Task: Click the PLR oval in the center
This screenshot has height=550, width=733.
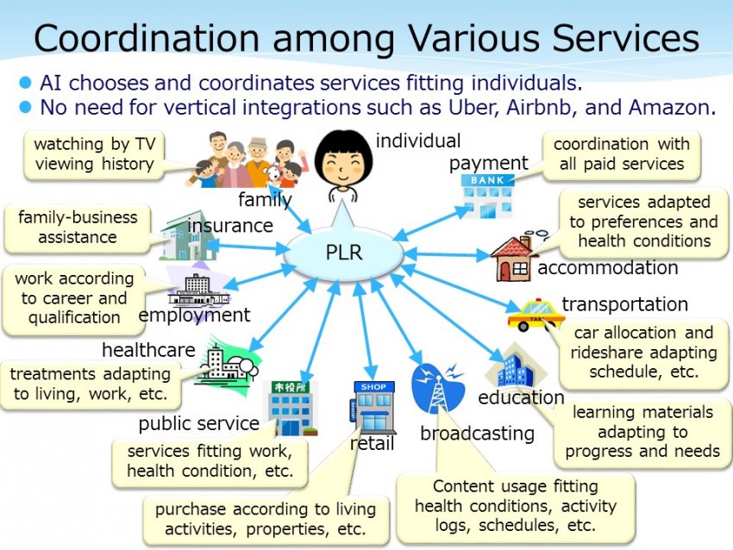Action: (344, 253)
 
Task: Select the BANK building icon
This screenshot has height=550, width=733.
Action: (486, 196)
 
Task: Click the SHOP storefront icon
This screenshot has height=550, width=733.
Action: (373, 407)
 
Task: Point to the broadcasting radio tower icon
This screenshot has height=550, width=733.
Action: (437, 389)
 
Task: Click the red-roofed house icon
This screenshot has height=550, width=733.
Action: (514, 257)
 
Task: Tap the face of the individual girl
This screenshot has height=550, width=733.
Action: (343, 160)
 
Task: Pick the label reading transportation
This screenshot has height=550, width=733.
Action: (624, 304)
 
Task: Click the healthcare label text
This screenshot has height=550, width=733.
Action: (148, 350)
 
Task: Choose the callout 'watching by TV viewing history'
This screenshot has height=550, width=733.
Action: (94, 154)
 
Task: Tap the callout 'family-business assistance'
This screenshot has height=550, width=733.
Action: (77, 228)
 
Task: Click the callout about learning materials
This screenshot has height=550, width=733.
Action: (642, 432)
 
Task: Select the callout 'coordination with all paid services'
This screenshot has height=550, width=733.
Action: (621, 154)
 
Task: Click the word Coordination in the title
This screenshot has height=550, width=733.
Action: (147, 37)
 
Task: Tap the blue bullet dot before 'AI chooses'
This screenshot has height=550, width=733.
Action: (25, 83)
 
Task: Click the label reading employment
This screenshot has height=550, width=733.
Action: (194, 316)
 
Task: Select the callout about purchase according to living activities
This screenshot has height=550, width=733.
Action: (266, 520)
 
